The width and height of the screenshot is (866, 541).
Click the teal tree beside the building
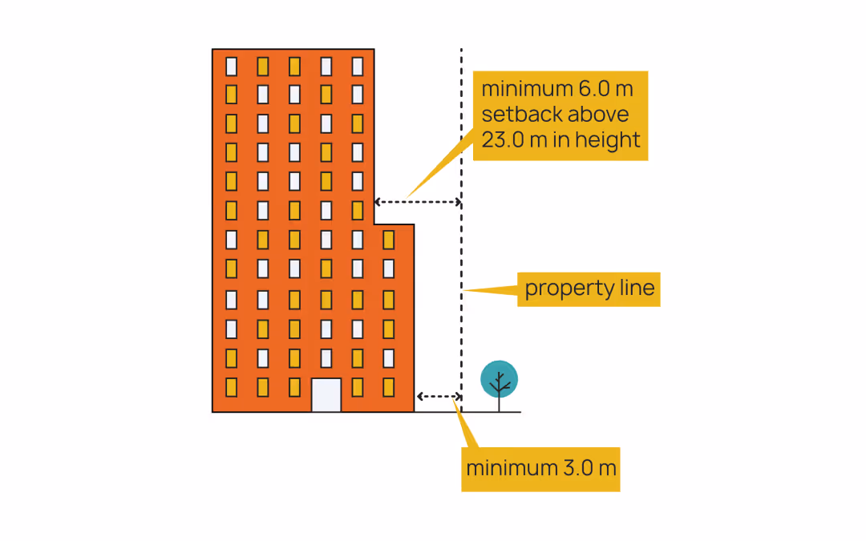(x=499, y=379)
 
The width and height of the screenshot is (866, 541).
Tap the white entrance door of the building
(x=326, y=394)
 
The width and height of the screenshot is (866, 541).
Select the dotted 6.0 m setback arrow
(x=417, y=202)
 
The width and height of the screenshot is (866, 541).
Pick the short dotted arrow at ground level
(x=439, y=397)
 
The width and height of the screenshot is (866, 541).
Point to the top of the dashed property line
(x=461, y=51)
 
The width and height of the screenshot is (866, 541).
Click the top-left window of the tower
(x=231, y=66)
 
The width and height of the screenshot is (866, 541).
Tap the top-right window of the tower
(x=358, y=66)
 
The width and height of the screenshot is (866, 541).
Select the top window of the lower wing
(x=388, y=240)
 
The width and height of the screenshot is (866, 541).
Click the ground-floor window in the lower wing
(x=388, y=387)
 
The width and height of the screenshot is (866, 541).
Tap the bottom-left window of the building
(x=231, y=387)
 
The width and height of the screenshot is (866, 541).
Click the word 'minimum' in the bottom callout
(x=502, y=467)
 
